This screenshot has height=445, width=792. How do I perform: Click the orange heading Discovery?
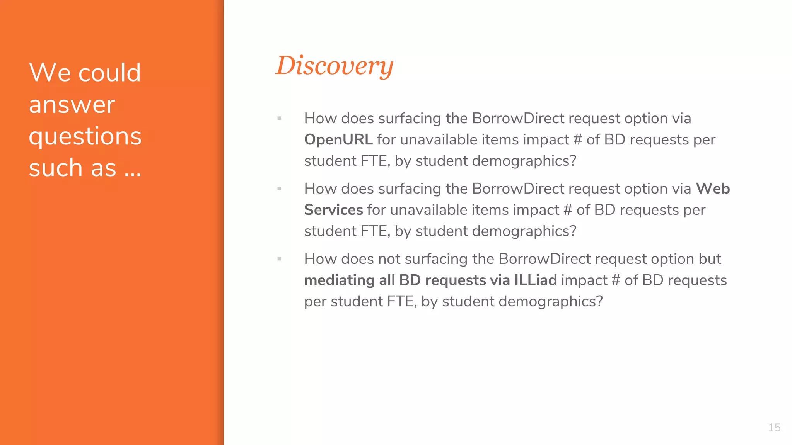coord(334,66)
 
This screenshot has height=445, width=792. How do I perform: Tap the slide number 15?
coord(774,428)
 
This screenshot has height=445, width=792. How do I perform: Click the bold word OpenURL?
coord(338,140)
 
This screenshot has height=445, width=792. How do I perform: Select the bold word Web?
coord(713,189)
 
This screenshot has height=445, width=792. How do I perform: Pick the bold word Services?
coord(333,210)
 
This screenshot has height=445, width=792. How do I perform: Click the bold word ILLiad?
coord(535,280)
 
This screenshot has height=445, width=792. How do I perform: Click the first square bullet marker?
coord(279,119)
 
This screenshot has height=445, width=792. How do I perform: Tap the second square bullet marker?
coord(279,189)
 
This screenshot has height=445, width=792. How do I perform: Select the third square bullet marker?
coord(279,259)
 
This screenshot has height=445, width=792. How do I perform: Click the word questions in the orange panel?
coord(85,137)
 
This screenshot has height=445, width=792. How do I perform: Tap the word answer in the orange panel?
coord(72,105)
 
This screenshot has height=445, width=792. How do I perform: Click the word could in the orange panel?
coord(109,73)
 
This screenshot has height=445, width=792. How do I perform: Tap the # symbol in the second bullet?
coord(567,210)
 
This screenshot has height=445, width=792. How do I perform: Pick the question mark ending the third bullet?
coord(599,302)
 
